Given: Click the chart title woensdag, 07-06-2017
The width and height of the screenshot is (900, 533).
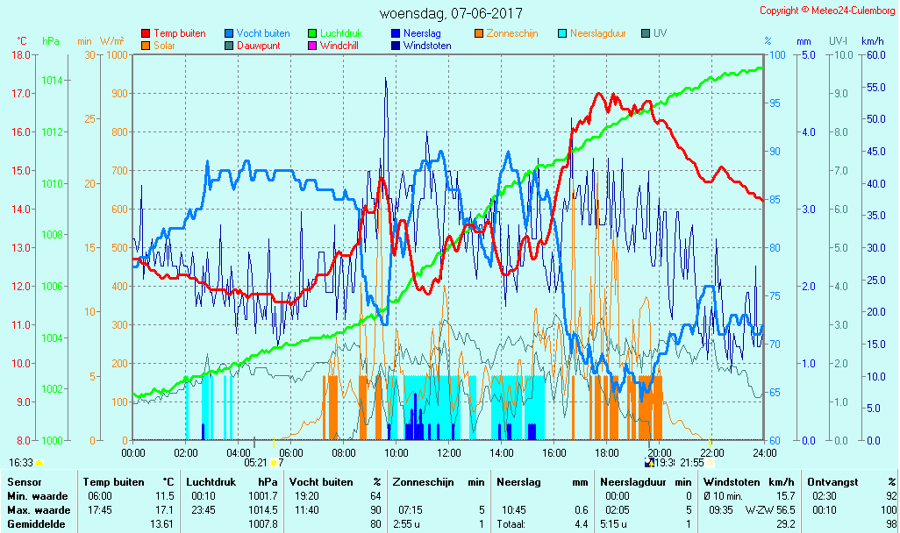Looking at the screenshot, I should pos(450,14).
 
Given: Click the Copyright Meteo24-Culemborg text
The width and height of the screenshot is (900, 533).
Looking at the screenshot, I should pos(828,11).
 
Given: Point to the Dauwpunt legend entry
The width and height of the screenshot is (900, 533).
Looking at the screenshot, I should pos(259,46).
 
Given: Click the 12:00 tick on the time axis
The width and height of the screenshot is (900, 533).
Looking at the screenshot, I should pos(449,452).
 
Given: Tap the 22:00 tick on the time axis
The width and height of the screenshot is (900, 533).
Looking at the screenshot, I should pos(711,452).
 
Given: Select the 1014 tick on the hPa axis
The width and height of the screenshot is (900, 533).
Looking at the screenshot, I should pos(52,81).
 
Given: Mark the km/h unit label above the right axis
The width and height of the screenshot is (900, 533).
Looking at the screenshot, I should pos(872,41).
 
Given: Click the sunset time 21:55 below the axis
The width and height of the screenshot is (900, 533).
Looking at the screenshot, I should pos(692,463).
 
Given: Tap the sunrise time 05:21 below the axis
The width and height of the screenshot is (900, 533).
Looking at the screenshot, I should pos(255,463).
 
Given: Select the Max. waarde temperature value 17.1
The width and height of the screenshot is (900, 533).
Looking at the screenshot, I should pos(164,510).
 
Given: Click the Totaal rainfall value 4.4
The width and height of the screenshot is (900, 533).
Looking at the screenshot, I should pos(581,524).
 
